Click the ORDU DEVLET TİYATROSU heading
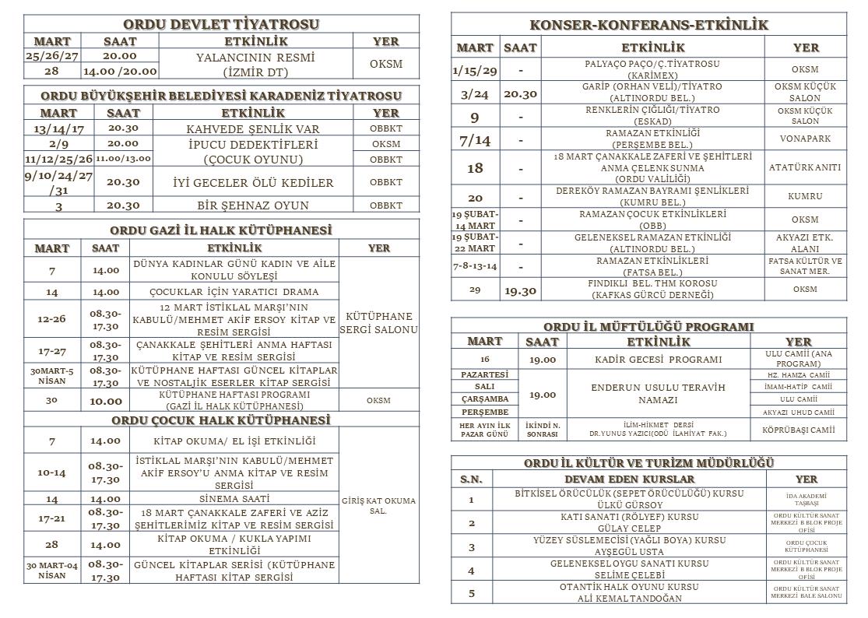[221, 24]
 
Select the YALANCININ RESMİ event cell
[255, 64]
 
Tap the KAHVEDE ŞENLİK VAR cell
[253, 128]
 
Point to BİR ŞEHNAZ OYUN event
[253, 205]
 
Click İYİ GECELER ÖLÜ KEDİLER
[253, 183]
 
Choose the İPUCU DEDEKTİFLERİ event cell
[253, 152]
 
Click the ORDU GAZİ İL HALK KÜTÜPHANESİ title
[221, 230]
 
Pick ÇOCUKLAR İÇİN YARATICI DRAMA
[234, 292]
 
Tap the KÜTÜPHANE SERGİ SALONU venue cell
[379, 323]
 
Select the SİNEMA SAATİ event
[234, 498]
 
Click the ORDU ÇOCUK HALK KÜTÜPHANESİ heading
[221, 420]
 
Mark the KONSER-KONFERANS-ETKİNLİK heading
[649, 25]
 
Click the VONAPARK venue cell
[805, 139]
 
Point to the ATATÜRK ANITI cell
[805, 167]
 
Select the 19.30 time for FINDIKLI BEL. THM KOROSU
[520, 290]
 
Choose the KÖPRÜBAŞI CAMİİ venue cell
[799, 430]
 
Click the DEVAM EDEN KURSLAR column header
[629, 479]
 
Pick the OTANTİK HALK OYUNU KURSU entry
[629, 592]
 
